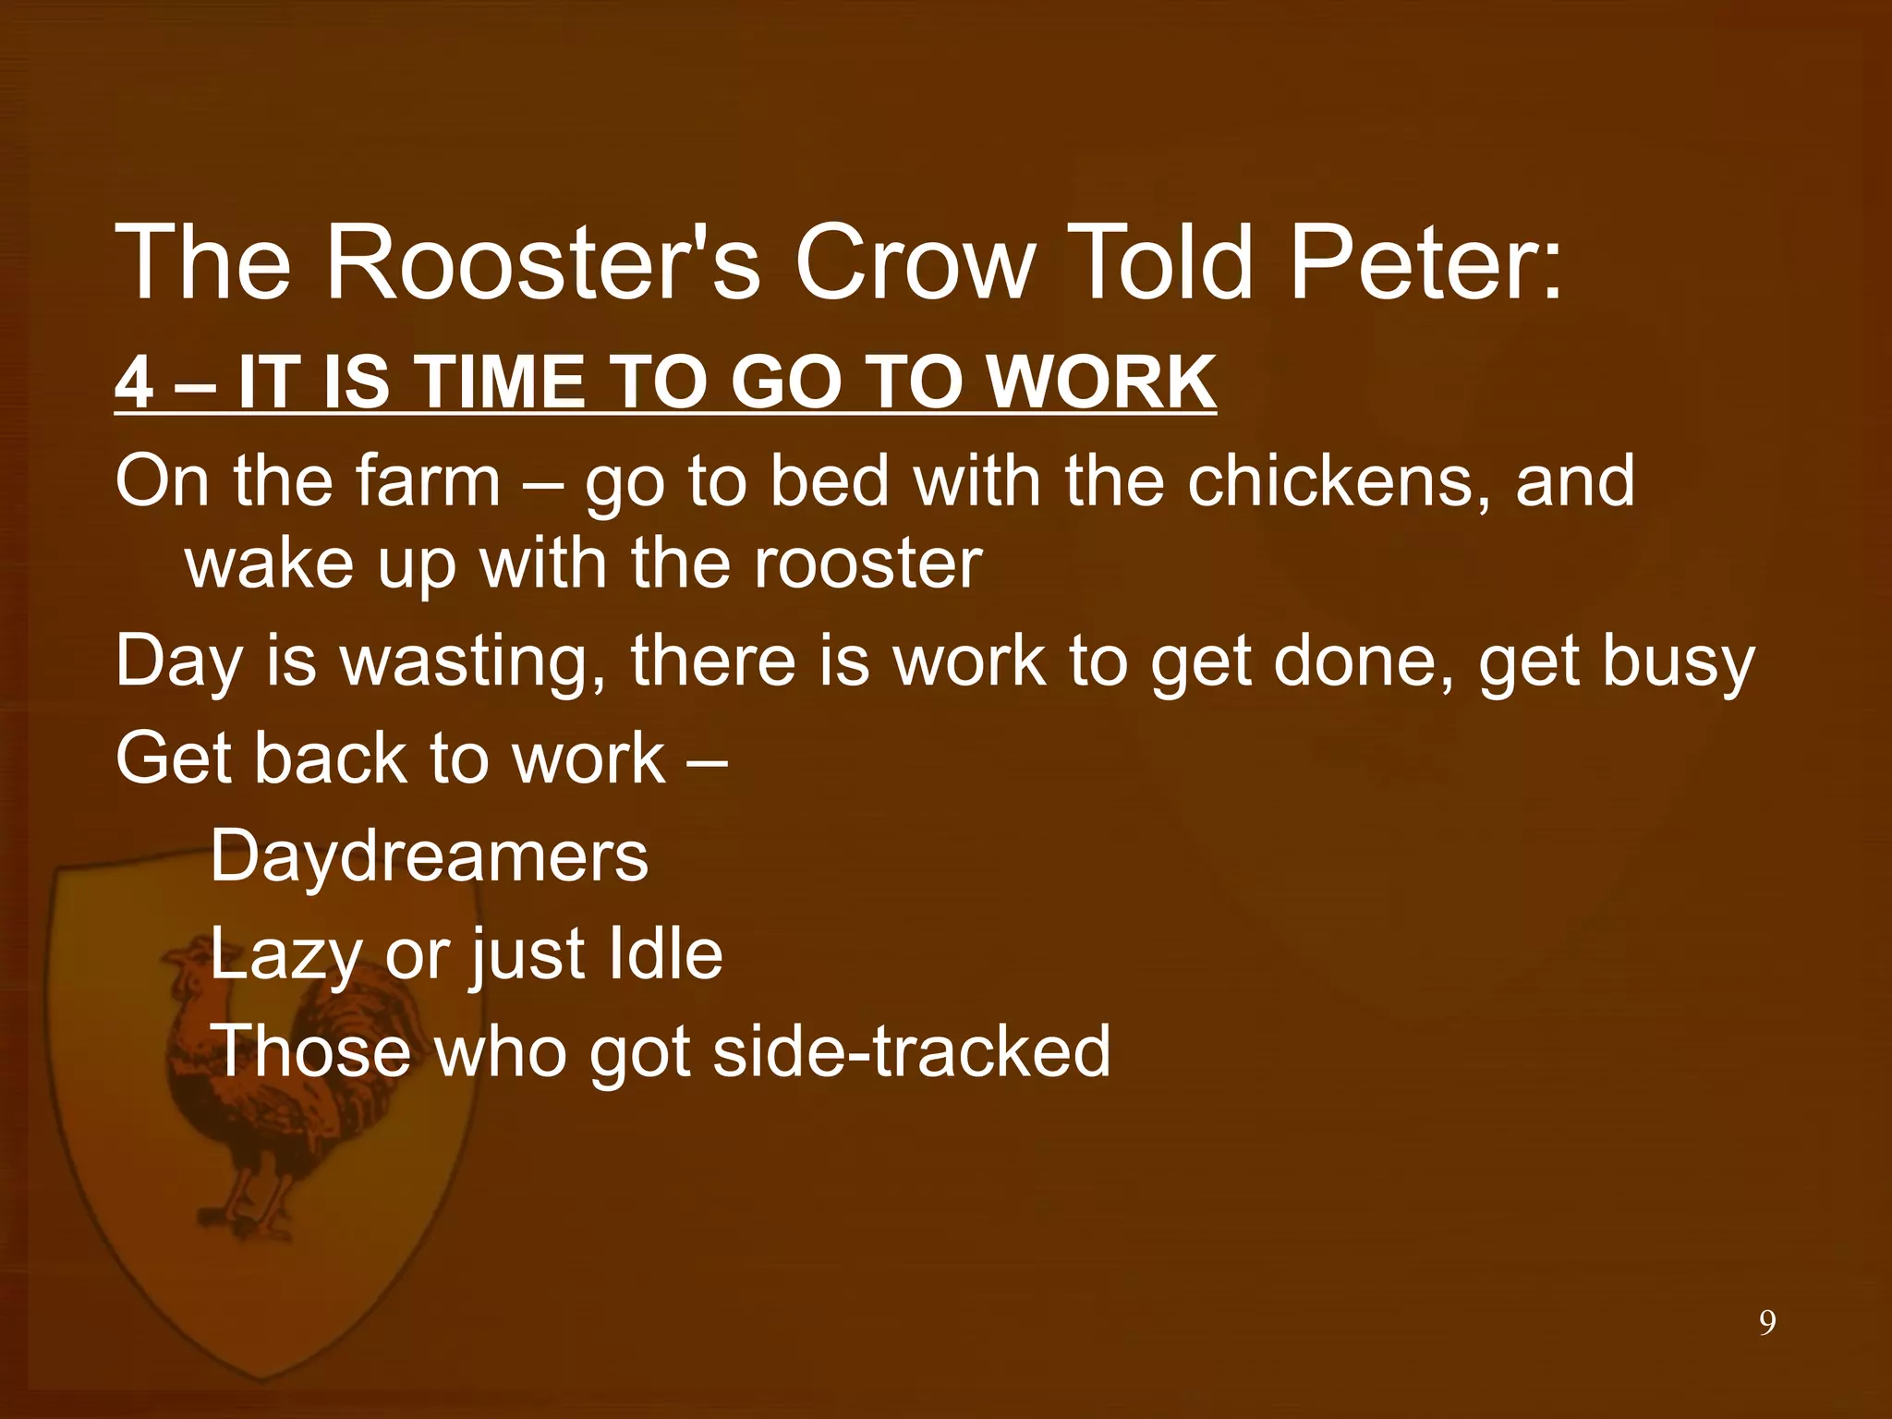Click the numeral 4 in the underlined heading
134,383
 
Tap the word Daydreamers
430,856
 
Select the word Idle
665,953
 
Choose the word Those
312,1051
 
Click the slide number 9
1766,1324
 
